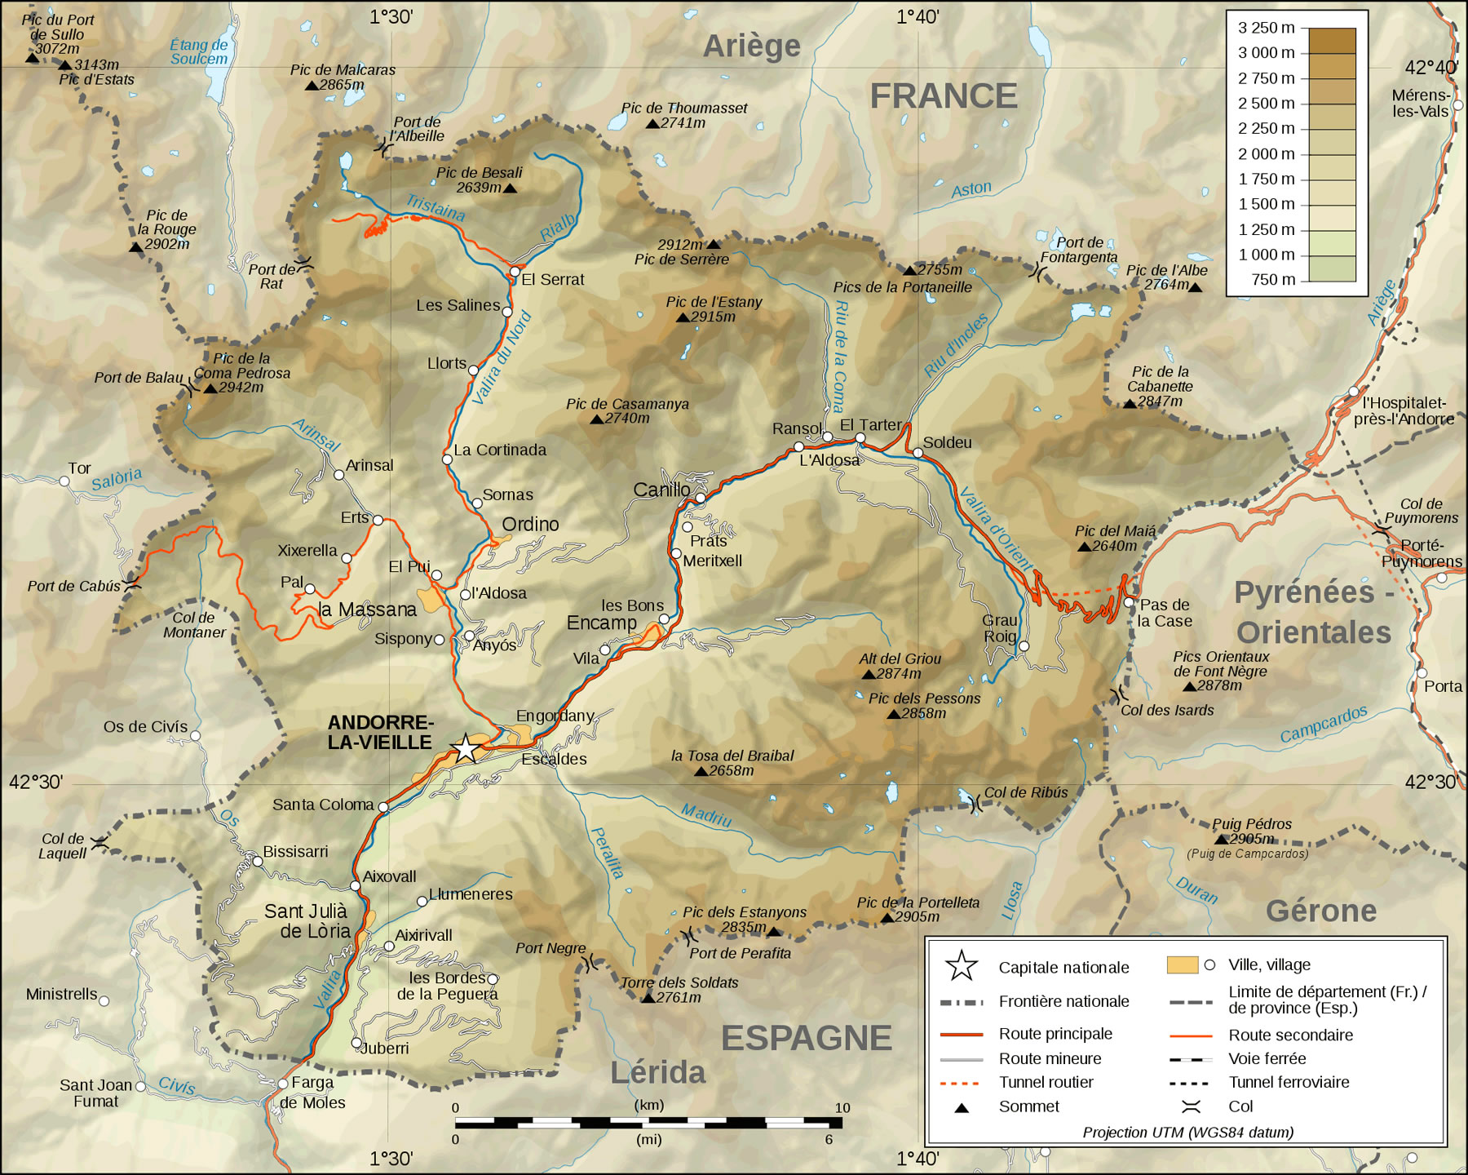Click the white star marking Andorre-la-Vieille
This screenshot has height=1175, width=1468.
tap(465, 747)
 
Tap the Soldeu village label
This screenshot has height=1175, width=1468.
tap(947, 442)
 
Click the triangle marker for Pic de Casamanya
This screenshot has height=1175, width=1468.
tap(597, 419)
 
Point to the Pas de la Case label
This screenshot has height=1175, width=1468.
tap(1165, 613)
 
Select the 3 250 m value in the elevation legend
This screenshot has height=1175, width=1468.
tap(1266, 28)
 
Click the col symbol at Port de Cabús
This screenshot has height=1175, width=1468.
tap(132, 585)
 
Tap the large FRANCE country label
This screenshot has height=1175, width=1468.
tap(943, 96)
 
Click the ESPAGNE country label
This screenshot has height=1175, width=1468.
tap(806, 1038)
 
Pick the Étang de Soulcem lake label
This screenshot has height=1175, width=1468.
tap(199, 52)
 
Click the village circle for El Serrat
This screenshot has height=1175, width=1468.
tap(515, 271)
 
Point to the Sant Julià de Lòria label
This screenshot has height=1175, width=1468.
tap(307, 921)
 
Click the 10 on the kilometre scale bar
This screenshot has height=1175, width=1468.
tap(842, 1107)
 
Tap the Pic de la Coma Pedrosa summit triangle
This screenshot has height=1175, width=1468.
tap(210, 388)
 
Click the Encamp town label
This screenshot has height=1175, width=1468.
tap(601, 623)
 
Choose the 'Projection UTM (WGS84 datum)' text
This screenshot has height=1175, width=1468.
tap(1187, 1132)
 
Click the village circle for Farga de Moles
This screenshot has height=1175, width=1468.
tap(283, 1084)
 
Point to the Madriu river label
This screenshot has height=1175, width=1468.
tap(706, 814)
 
